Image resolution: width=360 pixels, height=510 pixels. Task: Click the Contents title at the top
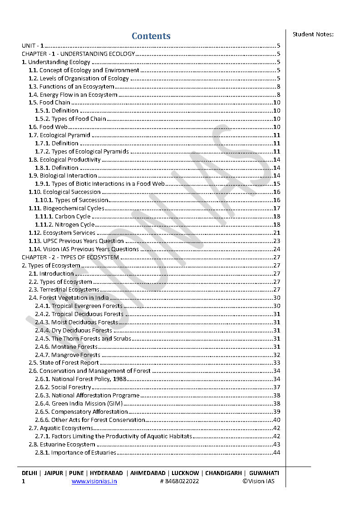[x=151, y=36]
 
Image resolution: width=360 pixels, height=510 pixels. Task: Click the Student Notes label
[x=313, y=34]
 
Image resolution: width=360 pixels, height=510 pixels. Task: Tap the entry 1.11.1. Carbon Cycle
[x=63, y=217]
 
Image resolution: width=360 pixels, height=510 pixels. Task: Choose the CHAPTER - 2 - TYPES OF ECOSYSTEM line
[x=70, y=257]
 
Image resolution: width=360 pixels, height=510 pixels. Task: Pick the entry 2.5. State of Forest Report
[x=64, y=363]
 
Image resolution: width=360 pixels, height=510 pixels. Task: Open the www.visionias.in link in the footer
[x=94, y=481]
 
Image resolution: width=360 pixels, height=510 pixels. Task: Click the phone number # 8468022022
[x=179, y=481]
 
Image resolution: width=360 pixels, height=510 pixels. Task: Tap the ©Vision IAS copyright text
[x=258, y=481]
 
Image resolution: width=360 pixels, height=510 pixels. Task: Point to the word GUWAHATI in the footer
[x=264, y=473]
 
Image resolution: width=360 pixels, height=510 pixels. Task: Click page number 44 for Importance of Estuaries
[x=276, y=453]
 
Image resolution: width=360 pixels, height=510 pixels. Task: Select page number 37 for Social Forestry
[x=276, y=387]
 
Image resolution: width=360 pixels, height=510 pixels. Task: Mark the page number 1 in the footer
[x=24, y=481]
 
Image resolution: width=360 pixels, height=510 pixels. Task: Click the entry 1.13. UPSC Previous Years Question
[x=76, y=241]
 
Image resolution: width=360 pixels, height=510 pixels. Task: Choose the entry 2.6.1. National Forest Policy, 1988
[x=80, y=379]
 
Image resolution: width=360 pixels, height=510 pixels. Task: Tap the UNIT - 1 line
[x=33, y=46]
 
